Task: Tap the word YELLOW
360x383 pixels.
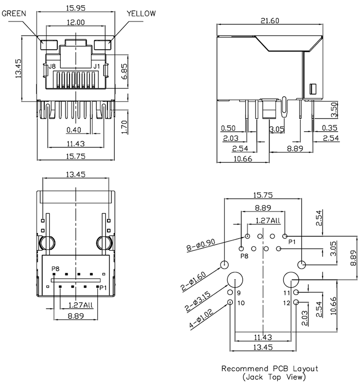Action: (142, 14)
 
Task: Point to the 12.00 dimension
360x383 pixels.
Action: (75, 22)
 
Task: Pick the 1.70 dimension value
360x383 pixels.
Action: (124, 126)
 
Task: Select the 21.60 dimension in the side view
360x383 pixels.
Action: (270, 21)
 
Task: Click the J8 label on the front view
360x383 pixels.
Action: (51, 66)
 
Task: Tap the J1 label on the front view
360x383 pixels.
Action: (96, 66)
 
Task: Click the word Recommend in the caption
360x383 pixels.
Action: (243, 368)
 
